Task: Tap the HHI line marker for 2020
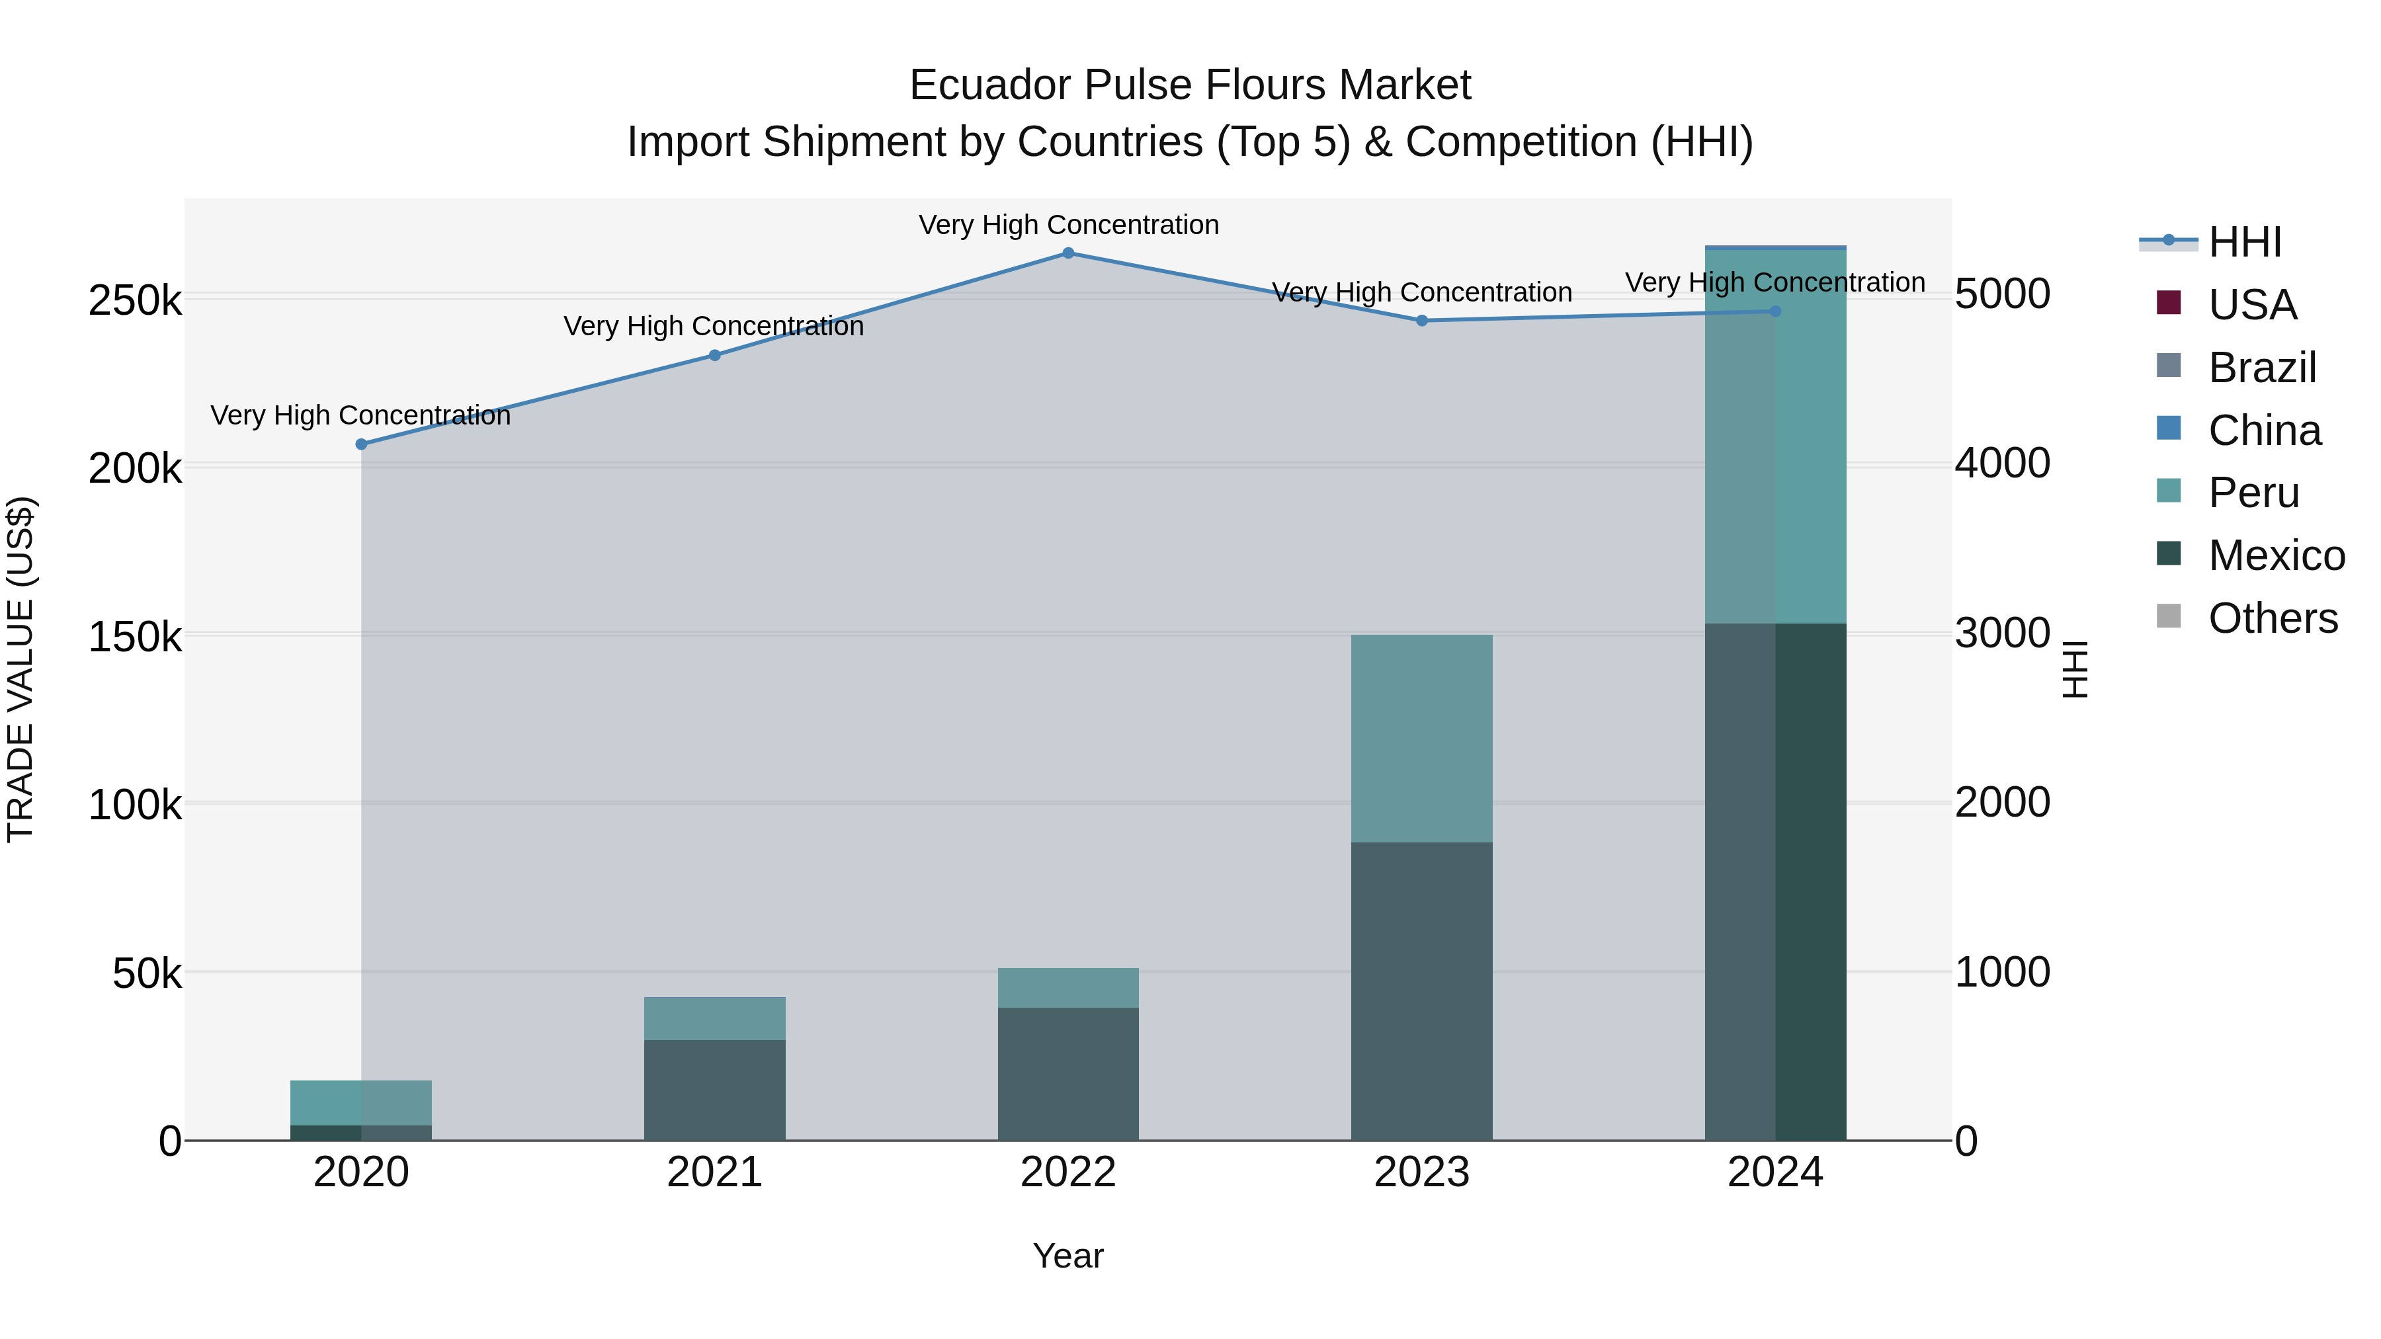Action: coord(361,444)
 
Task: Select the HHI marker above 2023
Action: coord(1421,321)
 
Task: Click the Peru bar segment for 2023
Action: coord(1421,739)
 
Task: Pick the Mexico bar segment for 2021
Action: coord(714,1090)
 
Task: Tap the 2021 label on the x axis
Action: coord(714,1172)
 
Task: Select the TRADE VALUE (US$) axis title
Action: coord(21,669)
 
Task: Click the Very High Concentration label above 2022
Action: coord(1069,225)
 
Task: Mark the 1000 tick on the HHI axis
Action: coord(2003,972)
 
